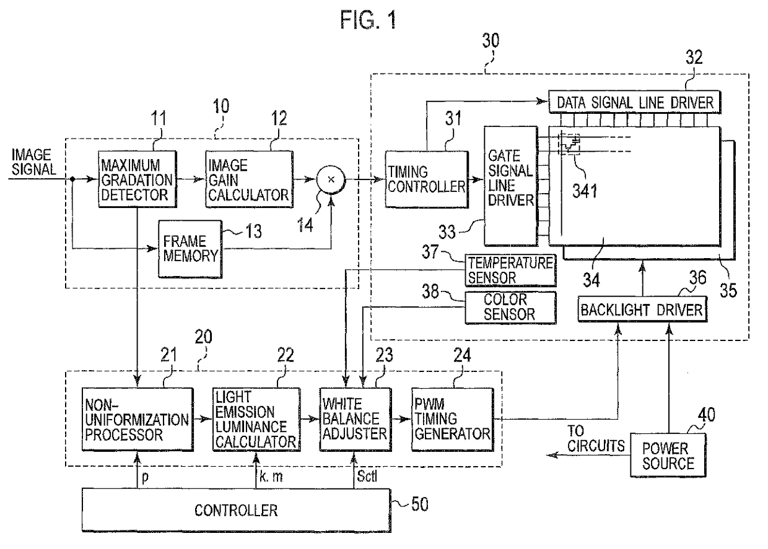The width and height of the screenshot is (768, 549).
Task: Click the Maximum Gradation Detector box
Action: pyautogui.click(x=137, y=179)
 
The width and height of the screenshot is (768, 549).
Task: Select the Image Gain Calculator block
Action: pyautogui.click(x=249, y=179)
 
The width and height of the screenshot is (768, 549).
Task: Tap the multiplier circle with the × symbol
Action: pyautogui.click(x=331, y=179)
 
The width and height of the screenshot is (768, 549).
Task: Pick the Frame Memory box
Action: pyautogui.click(x=190, y=249)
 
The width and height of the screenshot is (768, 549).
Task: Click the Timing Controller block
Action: pyautogui.click(x=427, y=179)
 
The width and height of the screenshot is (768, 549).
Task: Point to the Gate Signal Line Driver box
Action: pyautogui.click(x=511, y=186)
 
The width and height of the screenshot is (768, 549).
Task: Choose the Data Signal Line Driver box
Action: pyautogui.click(x=635, y=102)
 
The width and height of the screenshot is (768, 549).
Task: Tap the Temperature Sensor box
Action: pyautogui.click(x=510, y=270)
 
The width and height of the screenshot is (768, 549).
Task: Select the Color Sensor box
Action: pyautogui.click(x=510, y=308)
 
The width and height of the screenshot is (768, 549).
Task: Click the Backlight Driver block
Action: pyautogui.click(x=642, y=309)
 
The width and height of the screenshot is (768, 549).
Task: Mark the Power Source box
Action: pyautogui.click(x=668, y=456)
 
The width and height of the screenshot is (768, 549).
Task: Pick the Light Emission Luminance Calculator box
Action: pyautogui.click(x=256, y=420)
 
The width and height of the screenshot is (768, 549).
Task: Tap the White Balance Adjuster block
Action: pyautogui.click(x=356, y=420)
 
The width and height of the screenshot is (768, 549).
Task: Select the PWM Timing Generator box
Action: pyautogui.click(x=453, y=420)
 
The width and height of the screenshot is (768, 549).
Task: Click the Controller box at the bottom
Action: pyautogui.click(x=237, y=510)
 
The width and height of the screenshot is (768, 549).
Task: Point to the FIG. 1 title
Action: pyautogui.click(x=369, y=20)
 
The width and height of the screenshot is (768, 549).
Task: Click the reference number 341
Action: pyautogui.click(x=585, y=191)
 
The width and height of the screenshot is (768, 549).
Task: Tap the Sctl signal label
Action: pyautogui.click(x=367, y=476)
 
